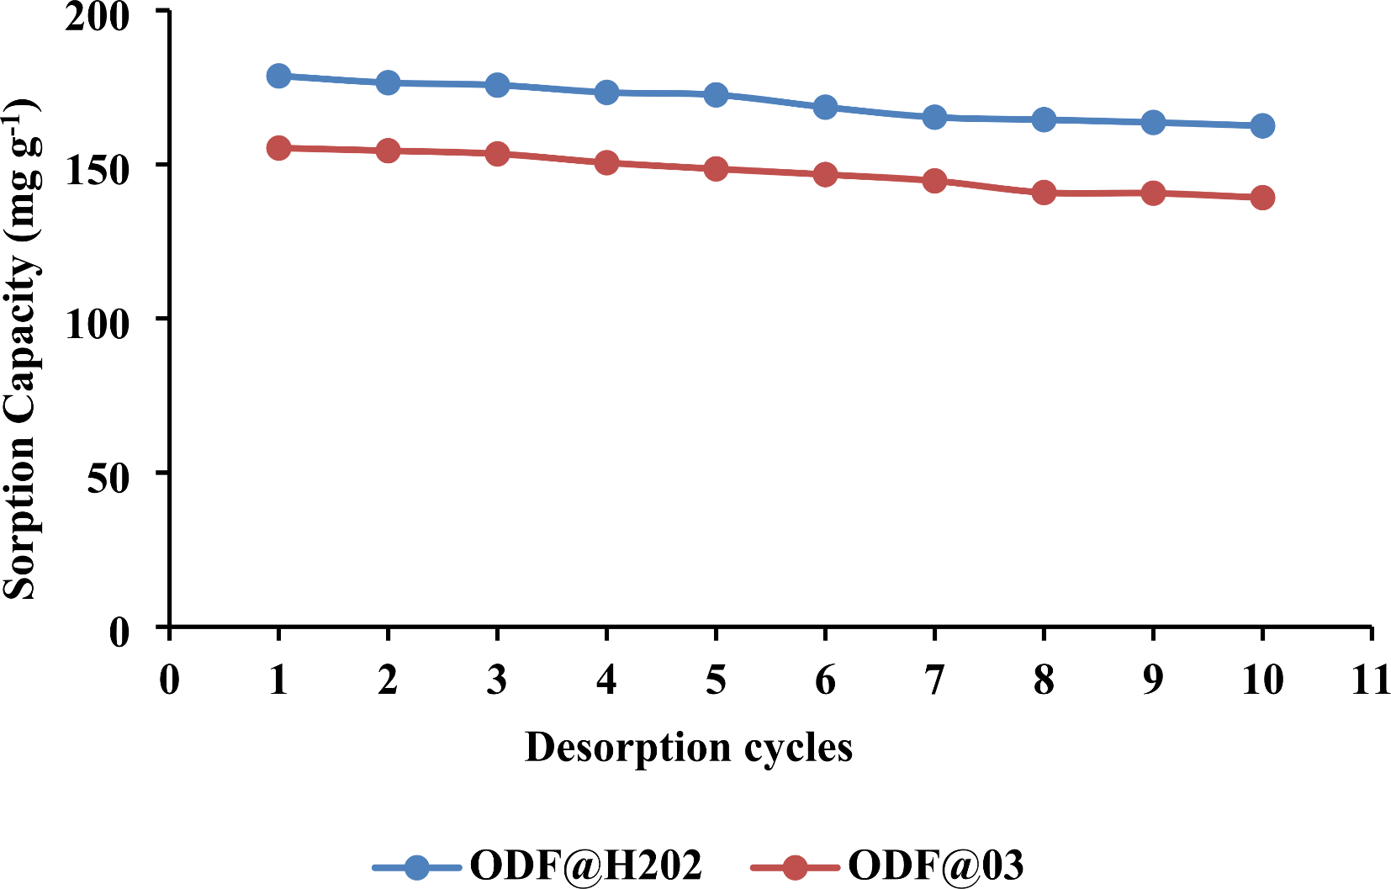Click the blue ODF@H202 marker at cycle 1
[278, 76]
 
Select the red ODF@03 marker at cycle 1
[278, 148]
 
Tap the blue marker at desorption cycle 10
[1261, 126]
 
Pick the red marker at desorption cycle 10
[1261, 198]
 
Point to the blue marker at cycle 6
[825, 107]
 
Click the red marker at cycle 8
[1044, 193]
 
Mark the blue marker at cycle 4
[606, 92]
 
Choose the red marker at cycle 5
[716, 168]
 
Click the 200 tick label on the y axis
[97, 16]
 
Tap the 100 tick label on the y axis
[97, 323]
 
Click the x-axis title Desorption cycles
[688, 748]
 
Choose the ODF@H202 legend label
[585, 865]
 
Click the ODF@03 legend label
[935, 865]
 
